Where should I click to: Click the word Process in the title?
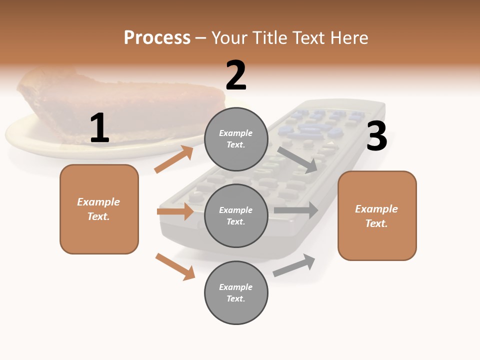click(x=157, y=38)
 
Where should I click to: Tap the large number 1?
click(x=99, y=128)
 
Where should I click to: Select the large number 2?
click(x=236, y=75)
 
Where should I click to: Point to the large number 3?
click(x=376, y=136)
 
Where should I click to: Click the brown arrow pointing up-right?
click(x=174, y=159)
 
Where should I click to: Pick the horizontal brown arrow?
click(x=175, y=211)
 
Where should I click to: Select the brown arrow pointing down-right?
click(x=175, y=266)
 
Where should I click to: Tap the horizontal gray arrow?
click(x=296, y=210)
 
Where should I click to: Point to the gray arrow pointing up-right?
click(x=294, y=265)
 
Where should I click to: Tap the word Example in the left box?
click(x=98, y=202)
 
